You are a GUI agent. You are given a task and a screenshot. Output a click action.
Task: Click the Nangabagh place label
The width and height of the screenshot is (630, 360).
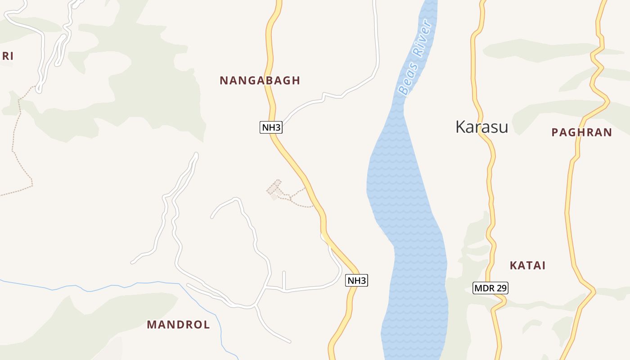[260, 81]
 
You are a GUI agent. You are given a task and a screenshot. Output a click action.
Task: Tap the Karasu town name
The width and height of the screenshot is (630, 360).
[481, 127]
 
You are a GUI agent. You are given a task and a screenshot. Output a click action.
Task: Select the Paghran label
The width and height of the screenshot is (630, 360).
[581, 132]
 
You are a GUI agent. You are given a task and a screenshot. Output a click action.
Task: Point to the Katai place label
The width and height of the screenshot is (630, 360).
[527, 265]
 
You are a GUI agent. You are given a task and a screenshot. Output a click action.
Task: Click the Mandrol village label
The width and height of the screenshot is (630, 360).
[178, 324]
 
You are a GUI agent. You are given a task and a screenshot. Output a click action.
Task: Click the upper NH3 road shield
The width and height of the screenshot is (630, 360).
[271, 127]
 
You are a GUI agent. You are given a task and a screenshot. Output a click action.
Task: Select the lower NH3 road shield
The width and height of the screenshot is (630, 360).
[357, 281]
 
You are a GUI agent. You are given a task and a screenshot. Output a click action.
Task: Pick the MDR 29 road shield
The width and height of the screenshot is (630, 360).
[490, 288]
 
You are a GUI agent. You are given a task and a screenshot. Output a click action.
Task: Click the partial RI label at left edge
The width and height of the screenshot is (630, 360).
[7, 56]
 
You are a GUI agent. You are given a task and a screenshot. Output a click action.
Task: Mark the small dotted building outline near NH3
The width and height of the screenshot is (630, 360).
[274, 189]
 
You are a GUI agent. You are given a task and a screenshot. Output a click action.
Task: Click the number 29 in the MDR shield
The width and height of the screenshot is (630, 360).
[500, 288]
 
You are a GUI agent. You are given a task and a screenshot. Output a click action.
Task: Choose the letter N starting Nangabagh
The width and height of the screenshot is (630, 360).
[223, 81]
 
